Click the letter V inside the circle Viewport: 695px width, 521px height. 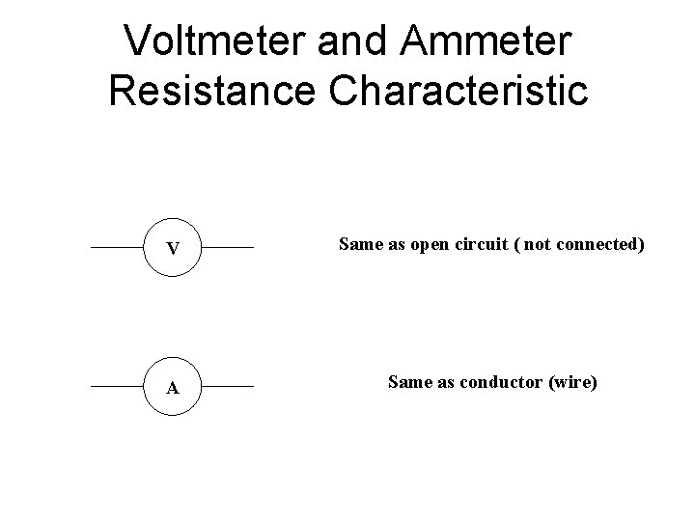pyautogui.click(x=172, y=249)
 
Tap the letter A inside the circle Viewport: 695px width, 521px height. pyautogui.click(x=172, y=388)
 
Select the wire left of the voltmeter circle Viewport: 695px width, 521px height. pyautogui.click(x=117, y=248)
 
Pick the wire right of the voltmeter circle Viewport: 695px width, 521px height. pyautogui.click(x=228, y=248)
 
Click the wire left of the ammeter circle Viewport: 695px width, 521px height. pyautogui.click(x=117, y=387)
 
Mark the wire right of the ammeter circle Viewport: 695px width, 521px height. pyautogui.click(x=228, y=387)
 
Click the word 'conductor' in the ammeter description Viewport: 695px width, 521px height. pyautogui.click(x=495, y=383)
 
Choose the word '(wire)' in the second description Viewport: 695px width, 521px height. pyautogui.click(x=573, y=383)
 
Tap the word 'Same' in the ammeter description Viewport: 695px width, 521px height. pyautogui.click(x=406, y=383)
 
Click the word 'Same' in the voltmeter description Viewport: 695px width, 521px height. pyautogui.click(x=357, y=245)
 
